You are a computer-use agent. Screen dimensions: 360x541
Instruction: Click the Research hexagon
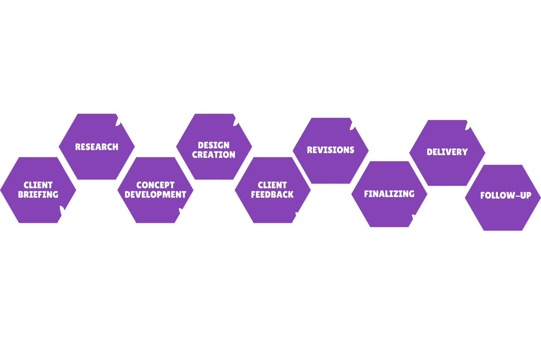click(x=97, y=146)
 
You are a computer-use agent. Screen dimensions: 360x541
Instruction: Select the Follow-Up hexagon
click(x=503, y=197)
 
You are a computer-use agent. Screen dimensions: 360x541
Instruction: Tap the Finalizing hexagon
click(x=389, y=194)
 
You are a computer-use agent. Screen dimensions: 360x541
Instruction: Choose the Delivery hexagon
click(x=447, y=152)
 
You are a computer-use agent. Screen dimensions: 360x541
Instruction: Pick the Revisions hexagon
click(x=331, y=150)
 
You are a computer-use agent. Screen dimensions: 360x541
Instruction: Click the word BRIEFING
click(x=38, y=194)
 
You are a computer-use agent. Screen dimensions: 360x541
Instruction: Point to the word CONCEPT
click(x=155, y=185)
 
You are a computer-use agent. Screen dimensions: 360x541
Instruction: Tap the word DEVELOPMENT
click(x=155, y=194)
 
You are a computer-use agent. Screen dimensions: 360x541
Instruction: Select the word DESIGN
click(x=213, y=145)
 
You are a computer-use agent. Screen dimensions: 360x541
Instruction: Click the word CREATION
click(x=213, y=155)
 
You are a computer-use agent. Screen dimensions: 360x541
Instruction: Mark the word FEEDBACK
click(x=272, y=194)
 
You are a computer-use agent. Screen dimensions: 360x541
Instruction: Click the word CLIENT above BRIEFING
click(x=38, y=185)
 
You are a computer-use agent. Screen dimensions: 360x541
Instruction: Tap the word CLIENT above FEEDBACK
click(x=272, y=185)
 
